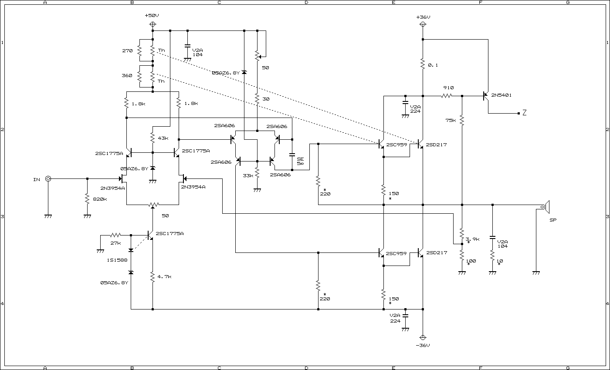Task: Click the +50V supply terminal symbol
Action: pos(153,24)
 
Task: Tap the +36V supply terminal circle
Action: pos(423,24)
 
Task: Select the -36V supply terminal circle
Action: pos(423,338)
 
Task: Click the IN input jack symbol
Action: pos(48,179)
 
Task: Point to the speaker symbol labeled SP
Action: pos(546,207)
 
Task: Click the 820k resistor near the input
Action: pos(87,199)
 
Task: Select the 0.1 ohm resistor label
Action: pos(433,65)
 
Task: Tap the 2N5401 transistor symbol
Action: pos(485,96)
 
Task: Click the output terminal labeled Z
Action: pos(525,112)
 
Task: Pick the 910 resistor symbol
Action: pos(447,96)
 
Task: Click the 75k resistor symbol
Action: pos(462,120)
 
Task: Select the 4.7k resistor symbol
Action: pos(152,277)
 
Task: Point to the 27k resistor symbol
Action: pos(115,235)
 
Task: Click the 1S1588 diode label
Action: pos(117,260)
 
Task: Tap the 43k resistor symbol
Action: pos(152,138)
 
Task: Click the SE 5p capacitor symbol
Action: pos(292,155)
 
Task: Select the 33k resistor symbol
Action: pos(257,173)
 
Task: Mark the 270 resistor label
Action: pos(127,50)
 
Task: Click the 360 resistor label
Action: pos(127,75)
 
